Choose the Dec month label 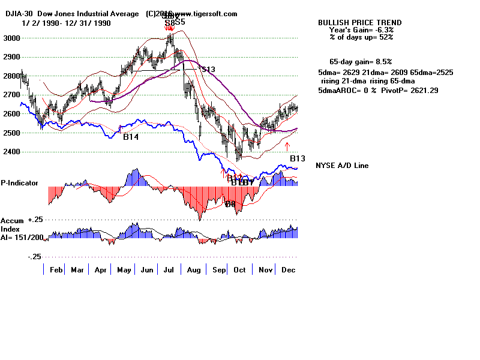pyautogui.click(x=288, y=270)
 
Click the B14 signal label pyautogui.click(x=131, y=137)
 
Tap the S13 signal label pyautogui.click(x=207, y=70)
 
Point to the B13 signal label pyautogui.click(x=298, y=158)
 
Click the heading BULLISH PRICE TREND pyautogui.click(x=359, y=23)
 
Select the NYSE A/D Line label pyautogui.click(x=342, y=166)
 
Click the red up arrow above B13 pyautogui.click(x=287, y=146)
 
